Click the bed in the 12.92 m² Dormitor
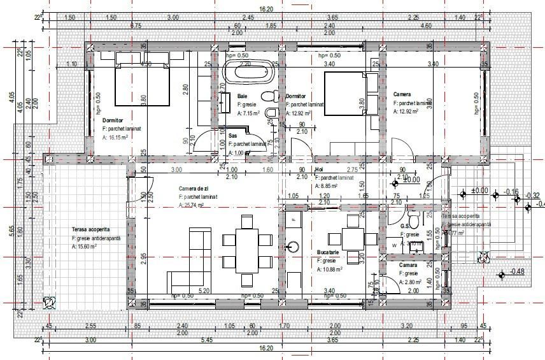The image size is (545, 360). click(344, 93)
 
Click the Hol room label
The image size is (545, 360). click(319, 170)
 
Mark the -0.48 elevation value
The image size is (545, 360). click(517, 272)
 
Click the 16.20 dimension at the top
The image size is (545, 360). click(266, 9)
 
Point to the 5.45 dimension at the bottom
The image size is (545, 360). click(206, 340)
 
